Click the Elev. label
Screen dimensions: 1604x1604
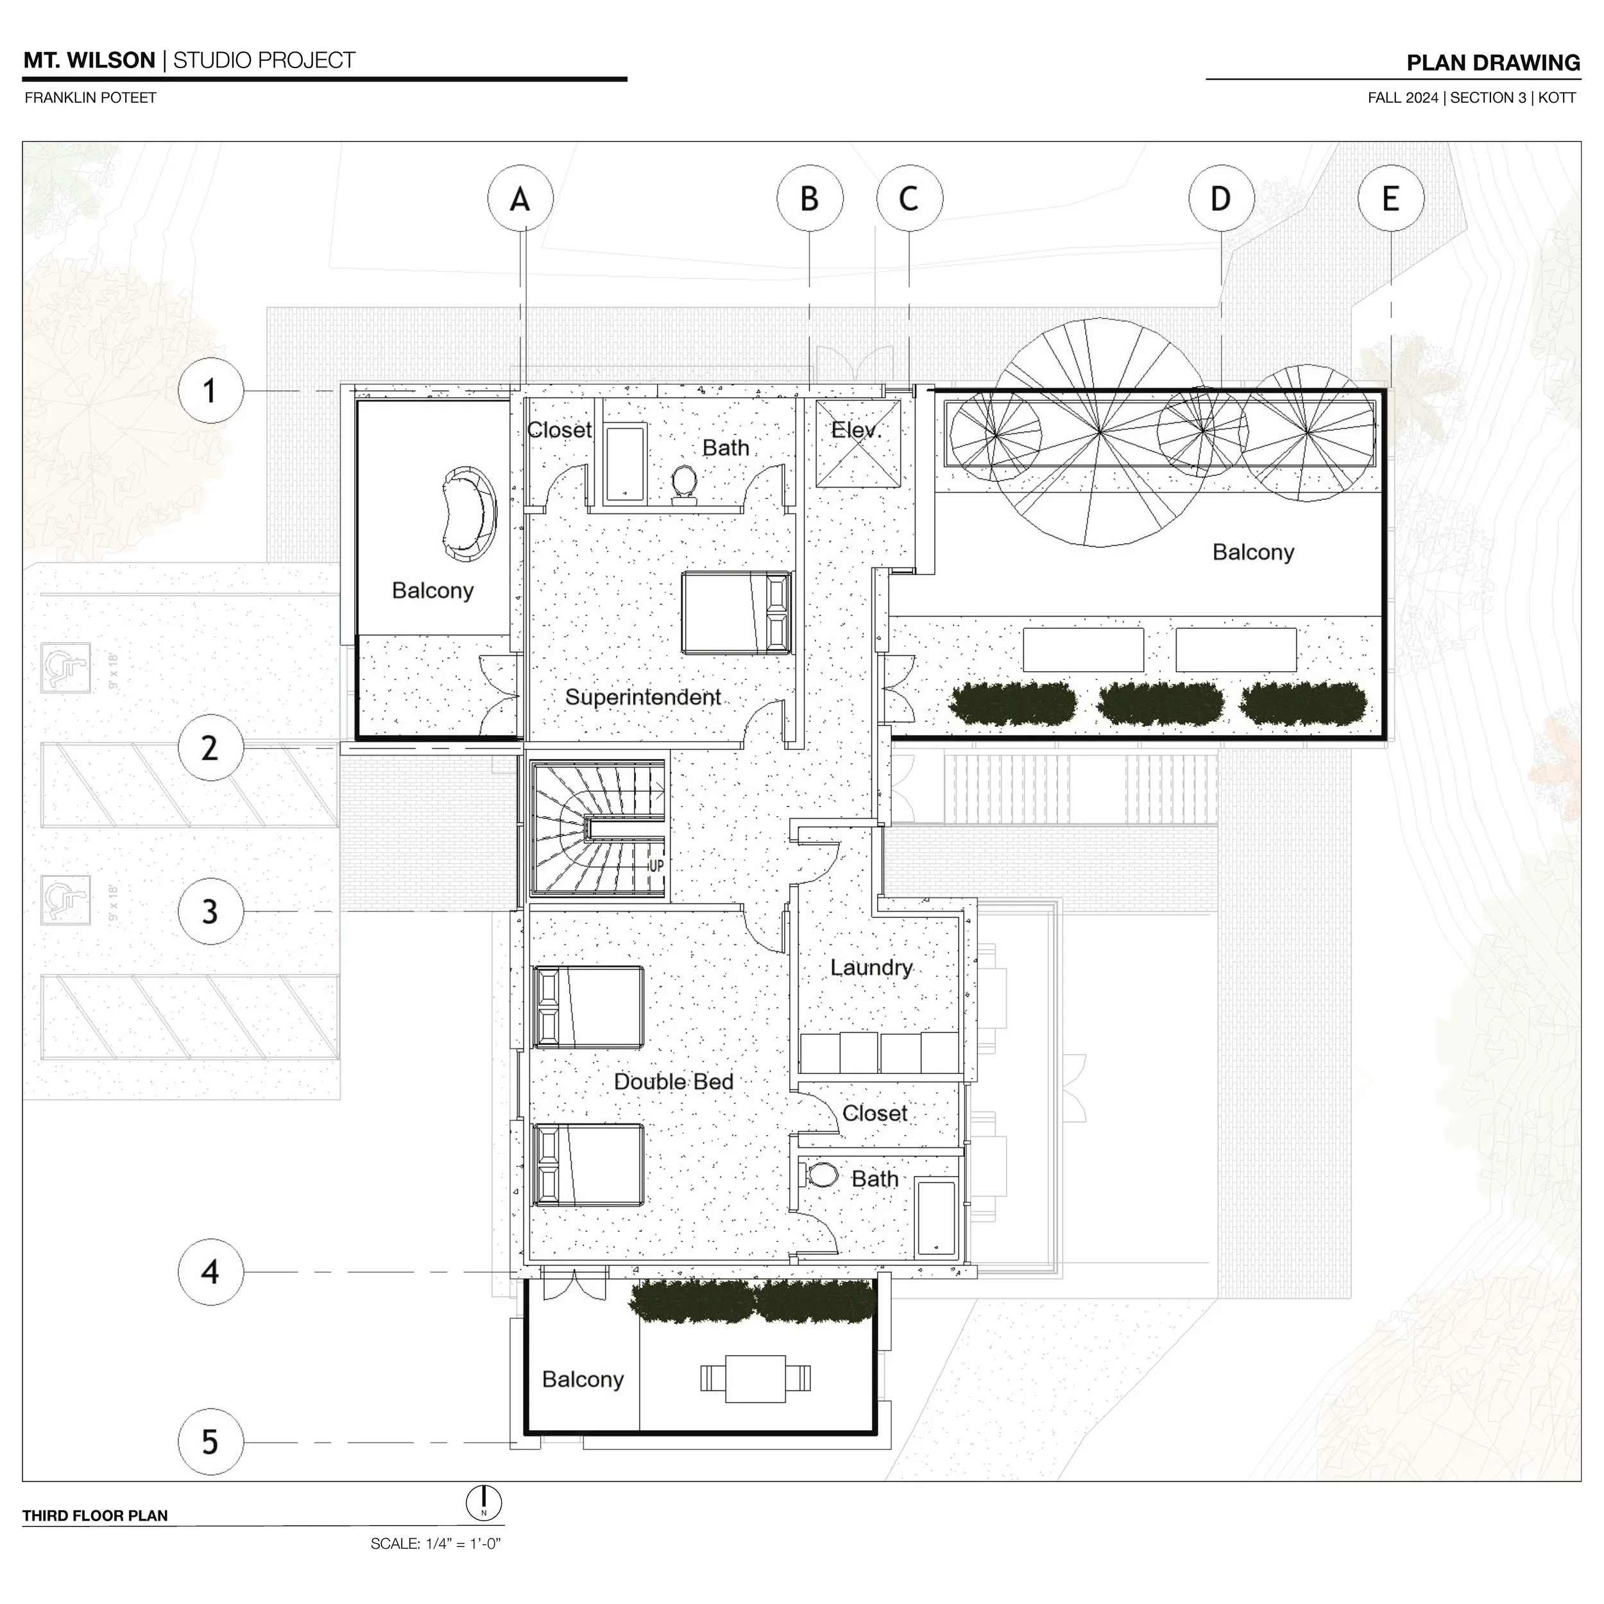coord(856,430)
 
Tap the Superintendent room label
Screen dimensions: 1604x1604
coord(643,697)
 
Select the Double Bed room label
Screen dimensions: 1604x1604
coord(673,1082)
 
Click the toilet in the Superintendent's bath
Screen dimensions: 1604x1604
coord(684,484)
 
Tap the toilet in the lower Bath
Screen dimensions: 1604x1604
coord(821,1175)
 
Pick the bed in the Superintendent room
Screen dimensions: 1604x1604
coord(737,613)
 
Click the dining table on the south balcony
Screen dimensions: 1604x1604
coord(756,1379)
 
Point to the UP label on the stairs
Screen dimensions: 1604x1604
coord(656,866)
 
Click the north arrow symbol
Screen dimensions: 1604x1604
coord(484,1503)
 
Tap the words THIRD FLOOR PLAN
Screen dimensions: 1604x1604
coord(96,1516)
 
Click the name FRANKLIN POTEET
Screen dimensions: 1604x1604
coord(90,98)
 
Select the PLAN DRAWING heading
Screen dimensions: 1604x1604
coord(1494,63)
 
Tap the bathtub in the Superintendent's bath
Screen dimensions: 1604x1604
coord(625,463)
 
